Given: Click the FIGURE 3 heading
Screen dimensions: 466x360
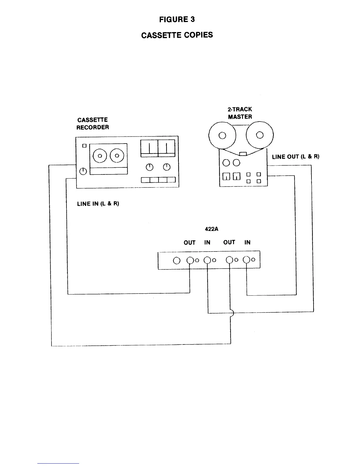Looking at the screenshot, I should coord(177,20).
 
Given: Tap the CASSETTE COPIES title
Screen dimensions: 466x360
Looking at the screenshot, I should coord(177,35).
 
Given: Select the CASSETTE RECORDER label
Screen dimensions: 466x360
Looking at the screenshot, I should coord(93,124).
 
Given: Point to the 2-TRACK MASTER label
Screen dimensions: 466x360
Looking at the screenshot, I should coord(240,113).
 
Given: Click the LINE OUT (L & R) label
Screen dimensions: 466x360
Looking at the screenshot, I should coord(296,157).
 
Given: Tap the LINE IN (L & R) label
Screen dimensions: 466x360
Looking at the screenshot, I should coord(98,204).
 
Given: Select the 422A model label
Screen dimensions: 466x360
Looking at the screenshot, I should coord(211,229).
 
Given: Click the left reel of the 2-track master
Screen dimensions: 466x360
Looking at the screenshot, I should coord(222,136).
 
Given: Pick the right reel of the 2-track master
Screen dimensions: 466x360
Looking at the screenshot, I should coord(260,135).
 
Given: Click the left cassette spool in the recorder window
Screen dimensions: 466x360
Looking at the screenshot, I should coord(100,156).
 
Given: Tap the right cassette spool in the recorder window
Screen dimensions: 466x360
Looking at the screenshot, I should coord(117,156).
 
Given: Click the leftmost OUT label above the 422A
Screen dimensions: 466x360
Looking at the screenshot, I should coord(189,242).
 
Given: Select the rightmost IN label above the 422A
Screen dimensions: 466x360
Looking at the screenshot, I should coord(247,242).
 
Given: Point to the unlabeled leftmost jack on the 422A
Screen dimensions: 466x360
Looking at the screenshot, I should coord(176,261).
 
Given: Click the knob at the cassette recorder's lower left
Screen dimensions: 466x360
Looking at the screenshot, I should coord(83,171).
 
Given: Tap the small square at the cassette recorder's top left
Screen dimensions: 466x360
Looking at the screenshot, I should coord(85,146).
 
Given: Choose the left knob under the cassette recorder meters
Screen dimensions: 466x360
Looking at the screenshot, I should coord(150,167).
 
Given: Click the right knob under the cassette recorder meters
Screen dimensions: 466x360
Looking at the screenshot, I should coord(167,167).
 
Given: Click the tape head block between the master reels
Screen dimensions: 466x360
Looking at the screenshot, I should coord(243,154).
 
